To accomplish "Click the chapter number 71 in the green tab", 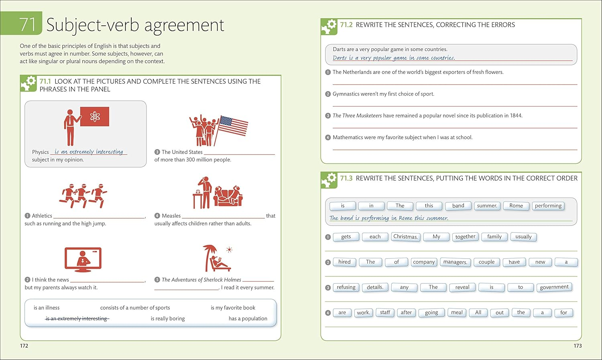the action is [27, 24].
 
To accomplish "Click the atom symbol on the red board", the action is [95, 117].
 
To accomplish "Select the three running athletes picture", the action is [83, 196].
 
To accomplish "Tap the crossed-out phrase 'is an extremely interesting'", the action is [77, 319].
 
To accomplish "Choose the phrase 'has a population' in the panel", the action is [248, 319].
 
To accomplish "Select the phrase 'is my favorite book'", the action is [233, 307].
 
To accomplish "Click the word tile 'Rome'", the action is [516, 206].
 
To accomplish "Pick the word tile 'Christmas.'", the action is [405, 237].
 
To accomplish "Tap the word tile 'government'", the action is [554, 287].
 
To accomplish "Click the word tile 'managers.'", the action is [455, 262].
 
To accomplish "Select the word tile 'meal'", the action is [457, 313].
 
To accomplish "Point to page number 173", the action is [578, 346].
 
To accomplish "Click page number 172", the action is [24, 346].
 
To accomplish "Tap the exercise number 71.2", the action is [346, 25].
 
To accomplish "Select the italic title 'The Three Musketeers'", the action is [357, 116].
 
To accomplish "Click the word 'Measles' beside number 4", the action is [171, 216].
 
